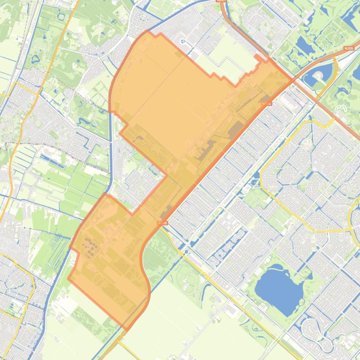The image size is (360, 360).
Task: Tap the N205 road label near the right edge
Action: [348, 48]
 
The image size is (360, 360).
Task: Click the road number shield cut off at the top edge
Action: [221, 1]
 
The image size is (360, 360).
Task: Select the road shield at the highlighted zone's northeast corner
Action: [267, 103]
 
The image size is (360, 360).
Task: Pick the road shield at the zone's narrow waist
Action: [162, 223]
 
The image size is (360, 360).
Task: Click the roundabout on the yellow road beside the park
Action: [181, 252]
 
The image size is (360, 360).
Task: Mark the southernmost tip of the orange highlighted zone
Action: [127, 329]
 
